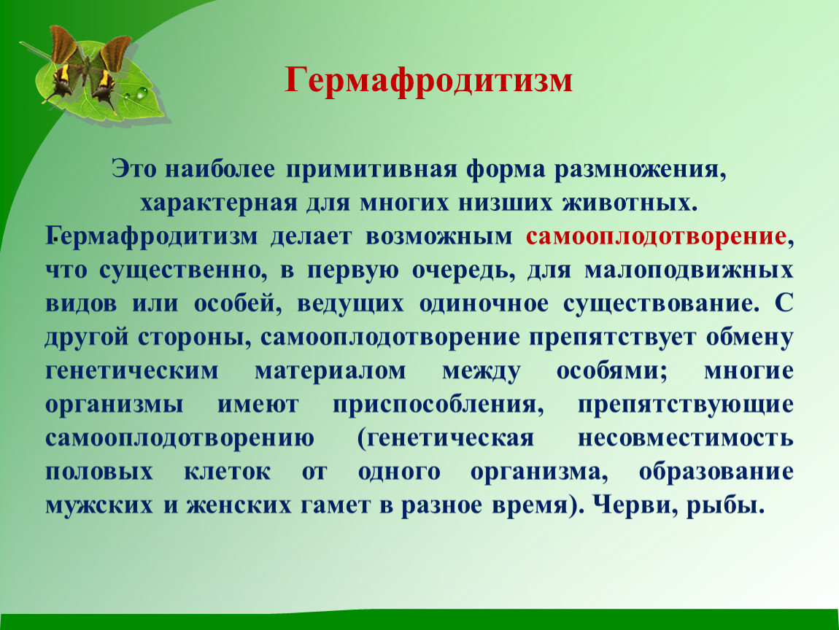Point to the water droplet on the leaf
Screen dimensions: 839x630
pos(142,93)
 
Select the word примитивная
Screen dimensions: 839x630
pos(371,170)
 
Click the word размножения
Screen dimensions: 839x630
pos(639,170)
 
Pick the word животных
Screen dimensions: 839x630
pos(630,203)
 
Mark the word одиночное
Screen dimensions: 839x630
pos(484,304)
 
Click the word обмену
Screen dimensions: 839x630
pos(750,338)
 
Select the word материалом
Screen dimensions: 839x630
pos(330,370)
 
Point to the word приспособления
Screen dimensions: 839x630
pos(438,405)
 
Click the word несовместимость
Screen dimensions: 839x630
pos(686,438)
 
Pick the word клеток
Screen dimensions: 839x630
pos(228,472)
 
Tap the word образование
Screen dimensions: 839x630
pos(716,470)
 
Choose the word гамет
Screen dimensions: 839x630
pos(335,505)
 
